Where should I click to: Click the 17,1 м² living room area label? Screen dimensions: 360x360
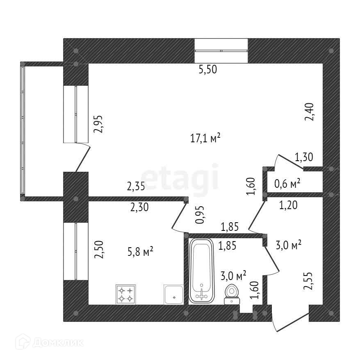(x=206, y=139)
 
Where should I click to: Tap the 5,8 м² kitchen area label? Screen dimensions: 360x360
(x=140, y=251)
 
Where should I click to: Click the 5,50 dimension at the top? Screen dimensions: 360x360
(x=207, y=70)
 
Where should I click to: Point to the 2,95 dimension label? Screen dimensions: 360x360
(x=98, y=125)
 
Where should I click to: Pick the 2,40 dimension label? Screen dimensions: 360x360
(x=310, y=112)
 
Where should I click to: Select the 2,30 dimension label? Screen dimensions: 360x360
(x=139, y=207)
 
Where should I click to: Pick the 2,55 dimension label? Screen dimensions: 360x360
(x=308, y=281)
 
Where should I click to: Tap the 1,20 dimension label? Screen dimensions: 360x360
(x=288, y=206)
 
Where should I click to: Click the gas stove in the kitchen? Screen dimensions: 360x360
(x=126, y=294)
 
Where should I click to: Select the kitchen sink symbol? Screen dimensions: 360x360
(x=174, y=294)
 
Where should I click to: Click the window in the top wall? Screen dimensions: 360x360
(x=221, y=50)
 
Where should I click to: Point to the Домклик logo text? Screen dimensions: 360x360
(x=49, y=341)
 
